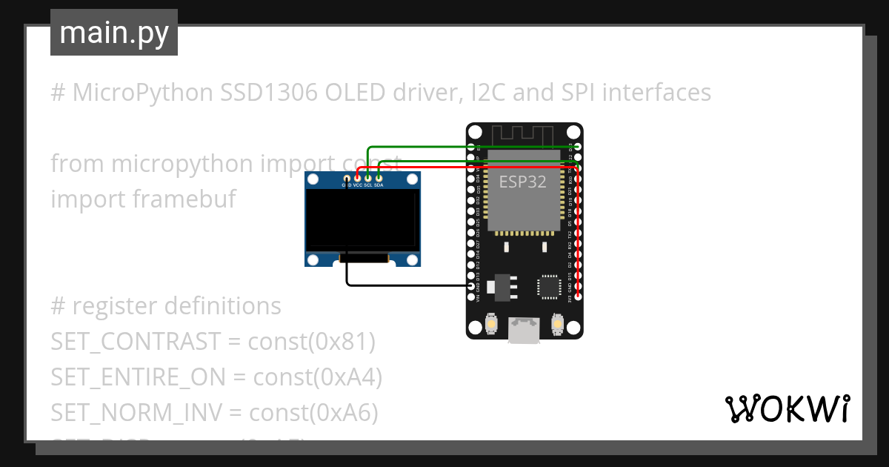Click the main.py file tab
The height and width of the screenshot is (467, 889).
(x=113, y=33)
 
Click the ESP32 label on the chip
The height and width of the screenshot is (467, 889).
(x=523, y=182)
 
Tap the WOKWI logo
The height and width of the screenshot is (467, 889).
(x=786, y=408)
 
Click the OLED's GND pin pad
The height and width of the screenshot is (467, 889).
(x=347, y=178)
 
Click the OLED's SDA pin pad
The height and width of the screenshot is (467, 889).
(x=379, y=178)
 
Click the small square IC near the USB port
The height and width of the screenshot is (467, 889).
(x=549, y=286)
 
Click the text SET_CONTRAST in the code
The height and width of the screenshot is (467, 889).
(x=136, y=342)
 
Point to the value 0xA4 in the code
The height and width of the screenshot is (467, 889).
(x=347, y=377)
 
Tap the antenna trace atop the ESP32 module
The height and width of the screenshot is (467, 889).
(x=523, y=135)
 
